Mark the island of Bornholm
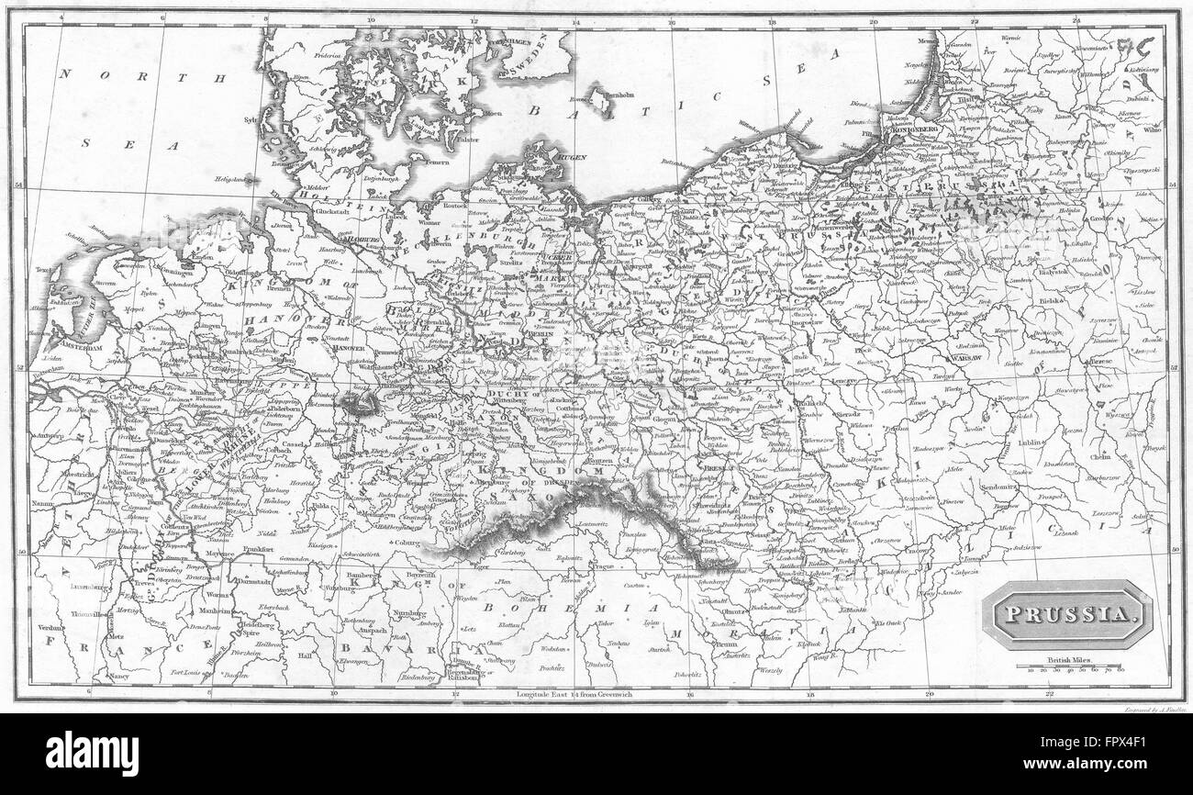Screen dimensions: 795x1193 tap(602, 97)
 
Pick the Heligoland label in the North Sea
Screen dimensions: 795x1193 tap(231, 180)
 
